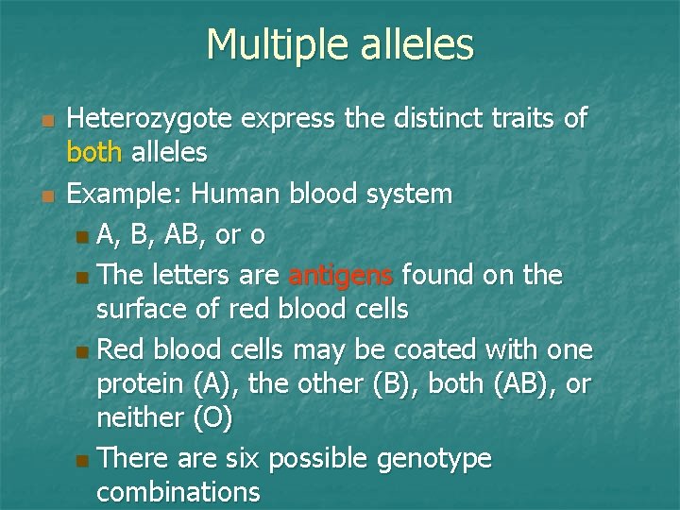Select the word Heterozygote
click(x=152, y=119)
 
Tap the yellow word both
click(x=94, y=150)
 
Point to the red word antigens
click(x=342, y=275)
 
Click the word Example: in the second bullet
click(x=126, y=195)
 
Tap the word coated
click(x=433, y=349)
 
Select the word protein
click(x=141, y=383)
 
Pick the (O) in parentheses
click(x=214, y=417)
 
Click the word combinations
click(x=178, y=492)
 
